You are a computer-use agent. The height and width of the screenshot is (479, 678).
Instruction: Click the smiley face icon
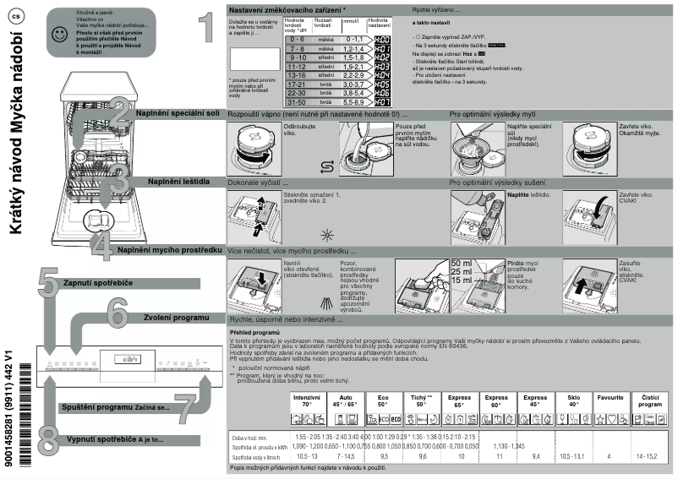point(57,34)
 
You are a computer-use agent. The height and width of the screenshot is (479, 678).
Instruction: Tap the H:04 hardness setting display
point(382,74)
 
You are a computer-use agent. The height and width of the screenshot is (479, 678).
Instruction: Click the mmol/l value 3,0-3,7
point(353,84)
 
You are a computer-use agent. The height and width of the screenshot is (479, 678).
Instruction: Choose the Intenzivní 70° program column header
point(307,400)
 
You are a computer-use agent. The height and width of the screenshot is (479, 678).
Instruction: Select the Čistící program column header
point(650,400)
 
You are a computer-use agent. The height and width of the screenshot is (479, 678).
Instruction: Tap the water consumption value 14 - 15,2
point(650,455)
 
